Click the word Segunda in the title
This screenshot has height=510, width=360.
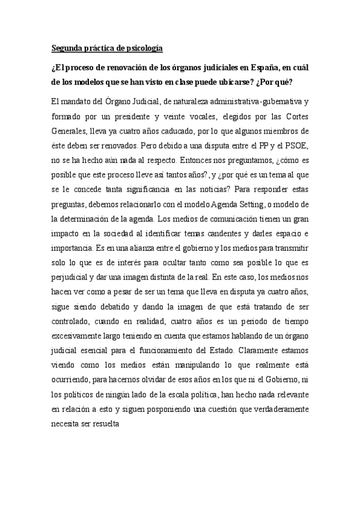(68, 48)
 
